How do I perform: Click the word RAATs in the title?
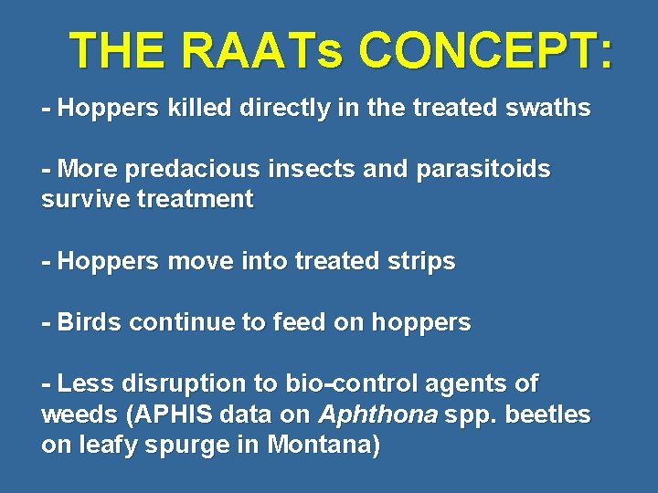pyautogui.click(x=261, y=50)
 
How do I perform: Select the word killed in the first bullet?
pyautogui.click(x=200, y=108)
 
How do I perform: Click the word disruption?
pyautogui.click(x=174, y=383)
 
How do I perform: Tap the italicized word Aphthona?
pyautogui.click(x=377, y=414)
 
